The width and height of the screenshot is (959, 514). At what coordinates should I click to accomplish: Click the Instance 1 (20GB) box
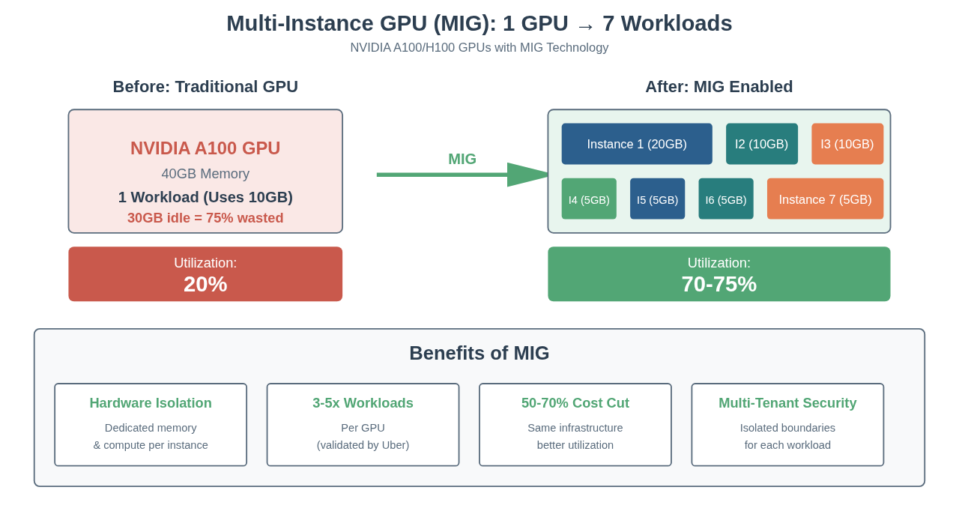point(637,144)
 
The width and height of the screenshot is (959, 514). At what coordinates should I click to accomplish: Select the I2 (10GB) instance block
point(761,144)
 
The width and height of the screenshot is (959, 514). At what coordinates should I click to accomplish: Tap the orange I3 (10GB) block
point(847,144)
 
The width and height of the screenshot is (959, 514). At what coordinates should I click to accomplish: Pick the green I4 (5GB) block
point(589,199)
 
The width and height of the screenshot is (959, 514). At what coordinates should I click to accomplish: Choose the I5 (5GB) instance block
point(657,199)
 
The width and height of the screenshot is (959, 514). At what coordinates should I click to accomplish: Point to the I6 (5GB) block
point(726,199)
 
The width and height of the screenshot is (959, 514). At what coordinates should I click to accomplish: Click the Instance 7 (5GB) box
point(825,199)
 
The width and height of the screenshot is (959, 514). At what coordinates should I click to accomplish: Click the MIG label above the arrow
point(462,159)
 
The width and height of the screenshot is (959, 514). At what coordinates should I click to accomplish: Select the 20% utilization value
point(205,284)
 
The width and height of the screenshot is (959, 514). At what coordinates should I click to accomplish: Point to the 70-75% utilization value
point(719,284)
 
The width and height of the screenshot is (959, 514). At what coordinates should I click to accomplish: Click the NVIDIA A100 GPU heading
point(205,148)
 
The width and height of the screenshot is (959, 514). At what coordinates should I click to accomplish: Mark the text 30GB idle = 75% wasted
point(205,218)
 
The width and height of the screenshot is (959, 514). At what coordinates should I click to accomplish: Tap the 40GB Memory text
point(205,174)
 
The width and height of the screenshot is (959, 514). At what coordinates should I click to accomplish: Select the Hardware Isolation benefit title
point(151,403)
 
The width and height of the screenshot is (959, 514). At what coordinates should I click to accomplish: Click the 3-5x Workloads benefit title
point(363,403)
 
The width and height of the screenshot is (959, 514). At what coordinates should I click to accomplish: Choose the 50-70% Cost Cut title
point(575,403)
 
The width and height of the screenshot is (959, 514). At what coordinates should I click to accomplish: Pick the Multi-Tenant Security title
point(787,403)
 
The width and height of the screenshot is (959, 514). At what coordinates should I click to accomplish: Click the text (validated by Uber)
point(363,445)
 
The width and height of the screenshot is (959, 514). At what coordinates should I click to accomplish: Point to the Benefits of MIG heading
point(479,353)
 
